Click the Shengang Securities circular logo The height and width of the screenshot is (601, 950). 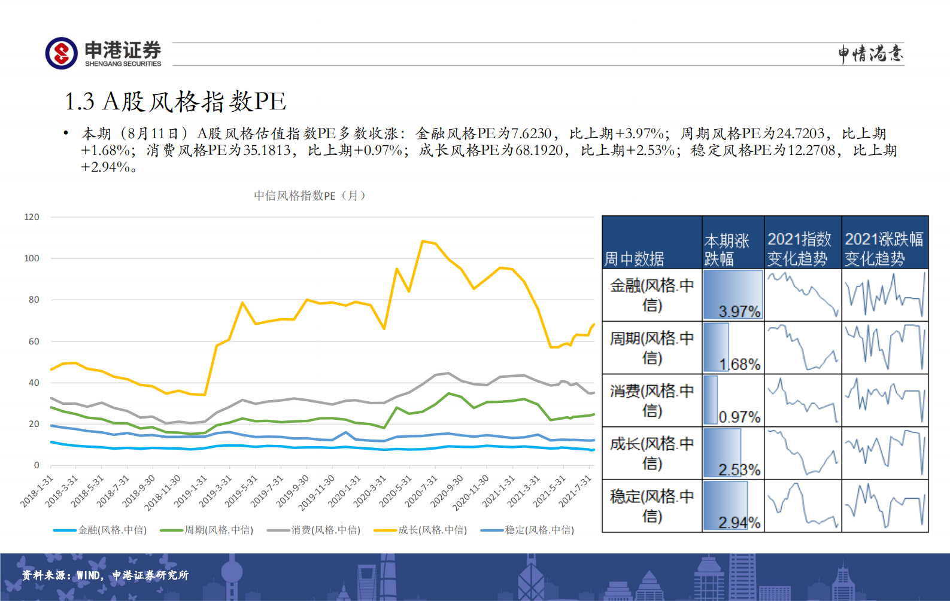click(61, 53)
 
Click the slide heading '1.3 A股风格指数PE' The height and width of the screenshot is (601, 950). click(175, 102)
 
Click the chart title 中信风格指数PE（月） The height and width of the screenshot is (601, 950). click(309, 196)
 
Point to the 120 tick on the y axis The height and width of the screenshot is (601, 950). click(32, 217)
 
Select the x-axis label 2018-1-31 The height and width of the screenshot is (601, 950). click(37, 492)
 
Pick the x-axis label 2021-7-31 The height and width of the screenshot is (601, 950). click(575, 492)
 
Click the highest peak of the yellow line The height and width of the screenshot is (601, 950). click(423, 241)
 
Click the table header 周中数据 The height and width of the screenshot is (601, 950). click(634, 258)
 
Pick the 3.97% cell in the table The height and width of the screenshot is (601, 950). click(733, 295)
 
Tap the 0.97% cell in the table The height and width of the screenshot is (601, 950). click(733, 401)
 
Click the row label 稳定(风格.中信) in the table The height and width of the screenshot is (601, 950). click(652, 506)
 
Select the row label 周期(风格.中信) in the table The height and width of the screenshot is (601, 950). click(652, 348)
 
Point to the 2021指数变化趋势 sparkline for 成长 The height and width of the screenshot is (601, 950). click(803, 453)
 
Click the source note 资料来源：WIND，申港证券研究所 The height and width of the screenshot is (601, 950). click(105, 575)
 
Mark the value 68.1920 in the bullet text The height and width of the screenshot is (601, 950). click(539, 150)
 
